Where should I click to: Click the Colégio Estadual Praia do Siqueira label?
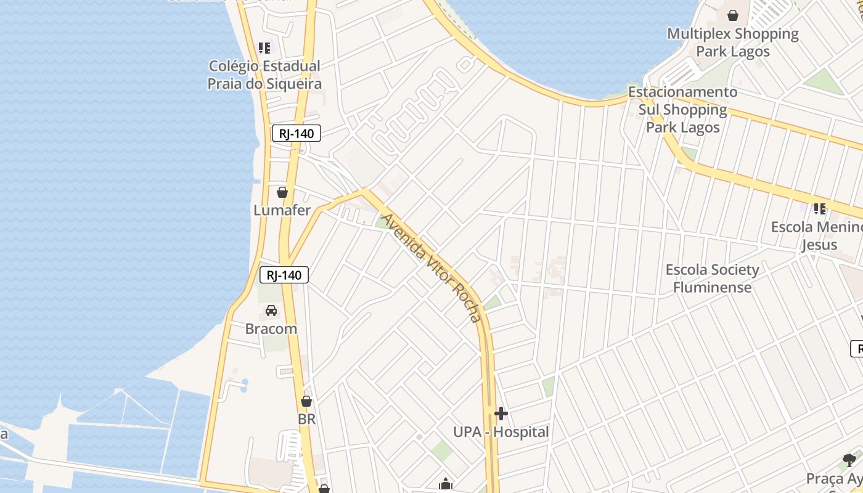pyautogui.click(x=264, y=75)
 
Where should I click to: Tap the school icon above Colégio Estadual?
pyautogui.click(x=264, y=47)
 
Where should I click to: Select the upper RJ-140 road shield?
pyautogui.click(x=297, y=133)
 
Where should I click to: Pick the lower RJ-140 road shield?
pyautogui.click(x=284, y=275)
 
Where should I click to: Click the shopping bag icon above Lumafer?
pyautogui.click(x=282, y=192)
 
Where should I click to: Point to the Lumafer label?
pyautogui.click(x=282, y=210)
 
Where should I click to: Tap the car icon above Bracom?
pyautogui.click(x=271, y=311)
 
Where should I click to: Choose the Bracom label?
pyautogui.click(x=271, y=328)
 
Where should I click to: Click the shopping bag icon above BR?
pyautogui.click(x=306, y=401)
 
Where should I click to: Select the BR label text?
pyautogui.click(x=306, y=419)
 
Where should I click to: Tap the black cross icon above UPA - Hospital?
pyautogui.click(x=501, y=414)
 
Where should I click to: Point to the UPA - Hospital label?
pyautogui.click(x=501, y=432)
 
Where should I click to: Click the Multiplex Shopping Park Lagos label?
pyautogui.click(x=733, y=43)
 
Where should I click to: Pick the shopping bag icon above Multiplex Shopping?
pyautogui.click(x=733, y=15)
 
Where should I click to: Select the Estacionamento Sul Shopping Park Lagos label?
pyautogui.click(x=683, y=110)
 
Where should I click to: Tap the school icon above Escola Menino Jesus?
pyautogui.click(x=820, y=209)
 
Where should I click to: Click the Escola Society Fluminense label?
pyautogui.click(x=713, y=279)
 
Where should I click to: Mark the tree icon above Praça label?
pyautogui.click(x=849, y=460)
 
